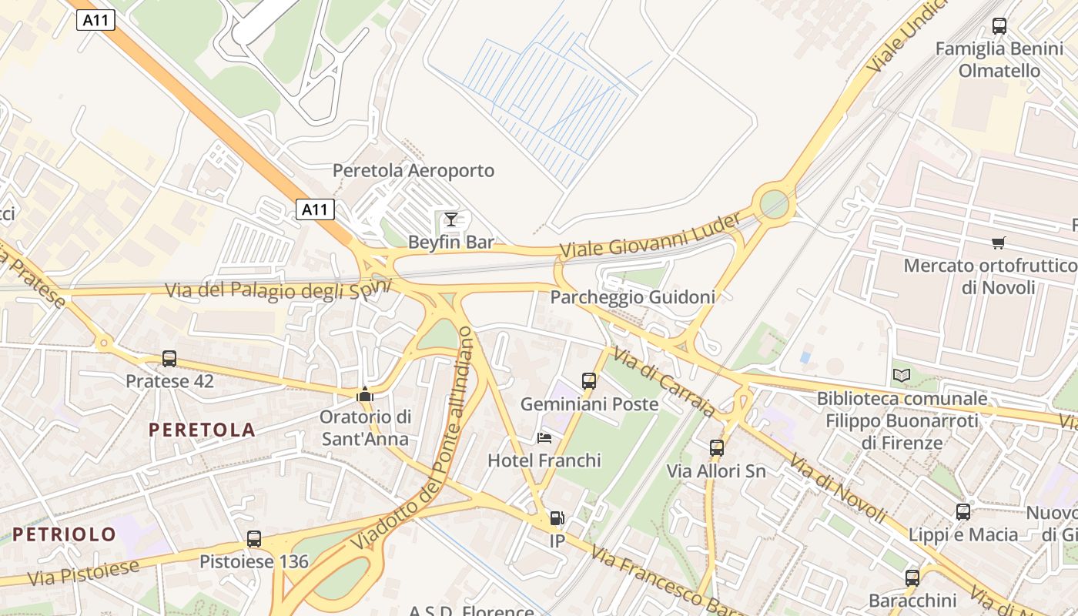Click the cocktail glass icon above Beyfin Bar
click(451, 219)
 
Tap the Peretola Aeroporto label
click(413, 170)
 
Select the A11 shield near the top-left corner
click(96, 21)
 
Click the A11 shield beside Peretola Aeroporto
click(315, 209)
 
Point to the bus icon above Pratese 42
click(169, 358)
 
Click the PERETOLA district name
click(202, 430)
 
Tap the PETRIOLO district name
click(64, 534)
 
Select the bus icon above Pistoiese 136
click(254, 539)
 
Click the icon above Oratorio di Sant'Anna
click(365, 394)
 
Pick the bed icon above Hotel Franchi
click(544, 438)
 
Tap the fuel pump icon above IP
click(557, 518)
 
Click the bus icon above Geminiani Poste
click(589, 380)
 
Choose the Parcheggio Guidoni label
click(632, 296)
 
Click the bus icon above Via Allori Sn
click(717, 447)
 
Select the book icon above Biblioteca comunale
click(902, 375)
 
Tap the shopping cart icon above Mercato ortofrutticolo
click(999, 243)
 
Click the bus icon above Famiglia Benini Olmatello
click(999, 25)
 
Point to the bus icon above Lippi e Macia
click(963, 511)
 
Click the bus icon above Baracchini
click(912, 577)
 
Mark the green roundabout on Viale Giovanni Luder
click(775, 204)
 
